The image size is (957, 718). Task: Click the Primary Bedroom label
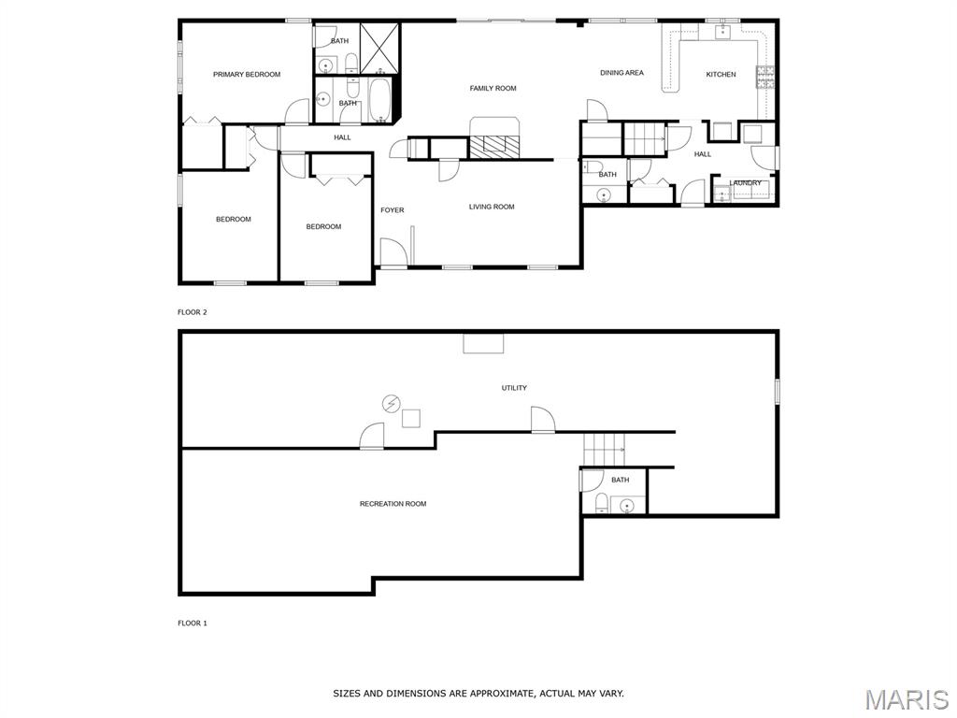[x=247, y=75]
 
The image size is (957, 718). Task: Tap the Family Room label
[x=493, y=89]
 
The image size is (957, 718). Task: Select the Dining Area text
[x=621, y=73]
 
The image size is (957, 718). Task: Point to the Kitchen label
[x=721, y=75]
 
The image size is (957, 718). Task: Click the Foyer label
[x=393, y=210]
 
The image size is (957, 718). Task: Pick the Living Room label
[x=492, y=207]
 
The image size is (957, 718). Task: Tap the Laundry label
[x=745, y=182]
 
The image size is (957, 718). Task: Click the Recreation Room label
[x=393, y=504]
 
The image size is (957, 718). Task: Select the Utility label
[x=515, y=388]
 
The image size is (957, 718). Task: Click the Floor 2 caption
[x=193, y=312]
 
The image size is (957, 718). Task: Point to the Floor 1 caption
[x=193, y=624]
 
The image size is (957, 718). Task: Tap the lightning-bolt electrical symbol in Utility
[x=391, y=404]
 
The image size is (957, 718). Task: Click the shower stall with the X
[x=379, y=49]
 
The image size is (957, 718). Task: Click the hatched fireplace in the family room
[x=494, y=145]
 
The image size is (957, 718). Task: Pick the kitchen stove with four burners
[x=765, y=77]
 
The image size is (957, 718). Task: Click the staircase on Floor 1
[x=605, y=450]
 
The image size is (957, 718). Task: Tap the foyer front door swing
[x=393, y=251]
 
